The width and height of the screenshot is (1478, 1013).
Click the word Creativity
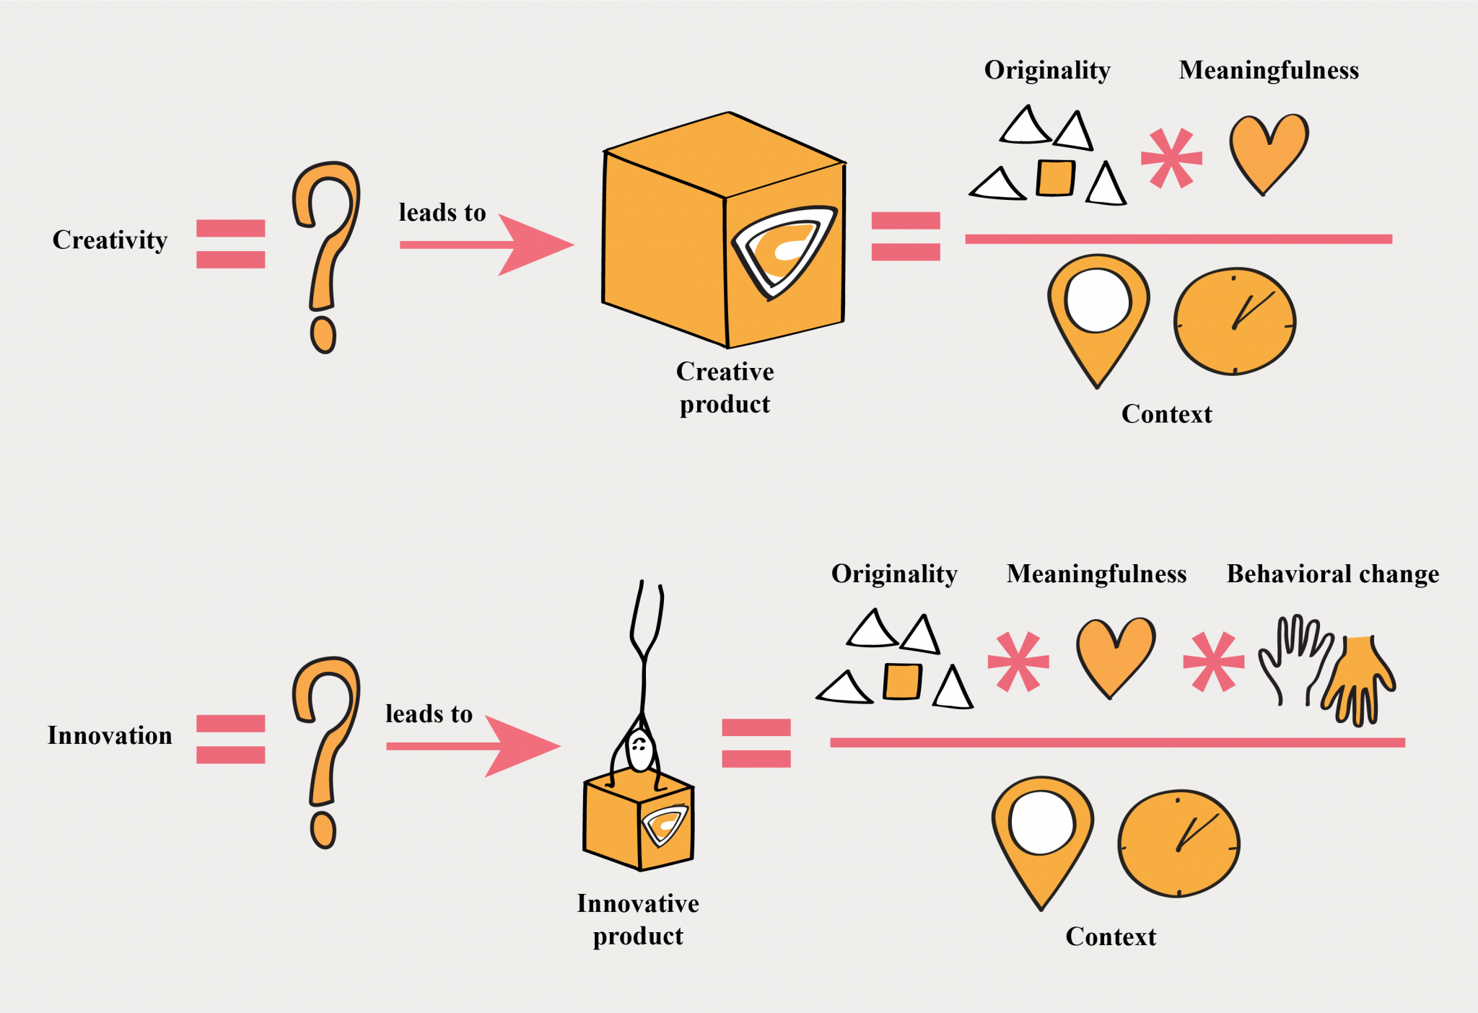click(110, 240)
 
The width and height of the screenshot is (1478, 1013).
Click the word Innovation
click(110, 735)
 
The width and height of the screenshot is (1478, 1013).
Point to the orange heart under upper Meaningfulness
click(1269, 150)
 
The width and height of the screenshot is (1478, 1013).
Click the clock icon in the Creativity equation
click(1235, 322)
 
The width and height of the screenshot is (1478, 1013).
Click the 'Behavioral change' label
click(1332, 574)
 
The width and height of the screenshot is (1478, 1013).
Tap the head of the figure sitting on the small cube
click(639, 750)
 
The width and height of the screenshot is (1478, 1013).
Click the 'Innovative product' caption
click(638, 919)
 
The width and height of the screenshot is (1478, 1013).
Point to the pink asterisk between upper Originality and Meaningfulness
click(1171, 158)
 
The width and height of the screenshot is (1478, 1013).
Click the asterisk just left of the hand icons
click(1213, 661)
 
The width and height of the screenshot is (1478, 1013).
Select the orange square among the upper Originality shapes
click(1055, 177)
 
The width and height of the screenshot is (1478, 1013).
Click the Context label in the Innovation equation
click(1111, 937)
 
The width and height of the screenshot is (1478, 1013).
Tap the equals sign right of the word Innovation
click(231, 739)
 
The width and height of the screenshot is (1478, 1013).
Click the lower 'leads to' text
click(429, 714)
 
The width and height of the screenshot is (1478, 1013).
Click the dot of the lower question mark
click(323, 830)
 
